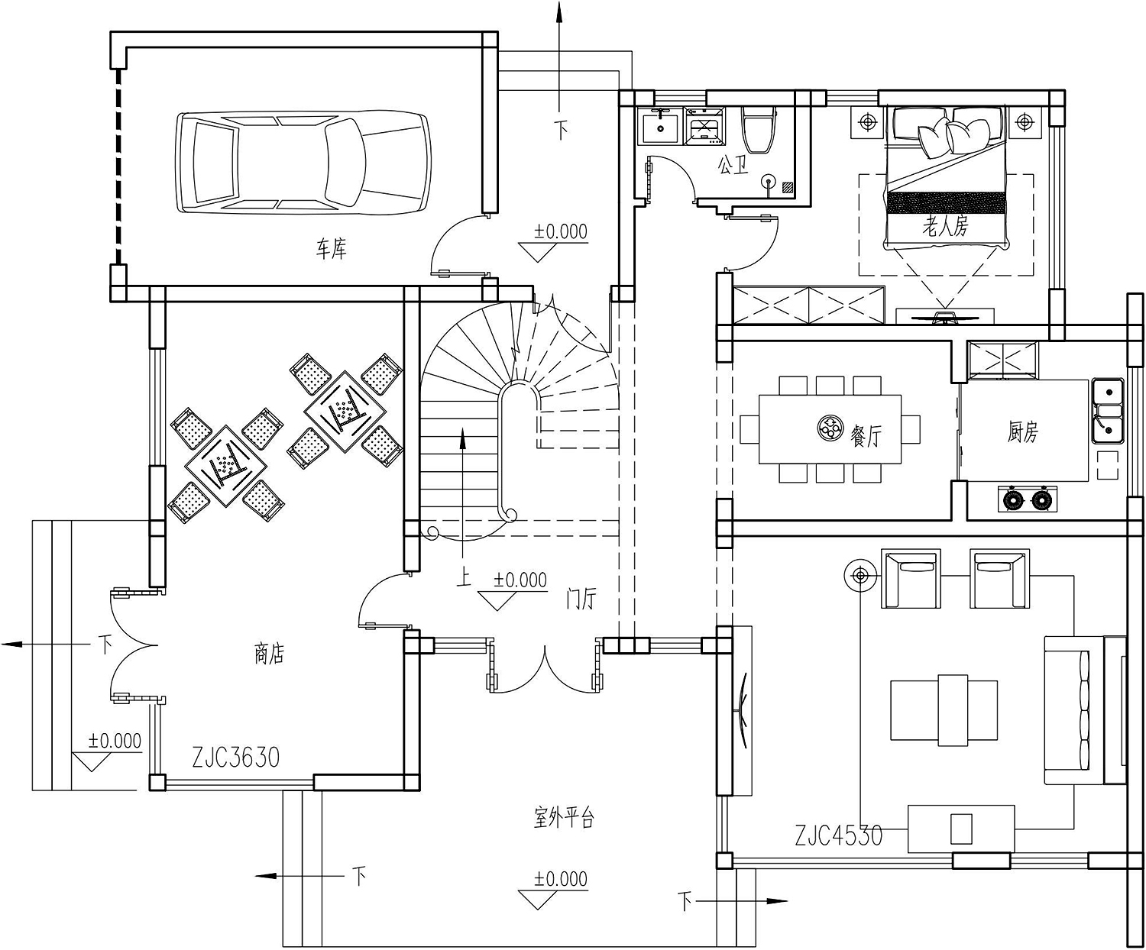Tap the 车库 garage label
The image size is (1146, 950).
click(331, 248)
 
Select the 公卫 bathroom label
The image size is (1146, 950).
click(732, 165)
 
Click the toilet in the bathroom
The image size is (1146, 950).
click(759, 130)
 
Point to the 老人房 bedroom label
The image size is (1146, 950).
click(945, 226)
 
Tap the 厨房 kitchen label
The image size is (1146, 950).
click(1022, 432)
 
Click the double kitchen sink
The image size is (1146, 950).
click(1107, 410)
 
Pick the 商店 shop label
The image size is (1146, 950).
click(269, 654)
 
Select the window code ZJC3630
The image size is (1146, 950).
click(236, 758)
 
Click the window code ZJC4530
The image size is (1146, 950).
click(839, 835)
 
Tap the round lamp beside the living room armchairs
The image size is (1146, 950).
click(860, 576)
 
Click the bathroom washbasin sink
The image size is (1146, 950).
click(659, 126)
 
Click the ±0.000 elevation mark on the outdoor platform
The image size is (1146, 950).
click(560, 880)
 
